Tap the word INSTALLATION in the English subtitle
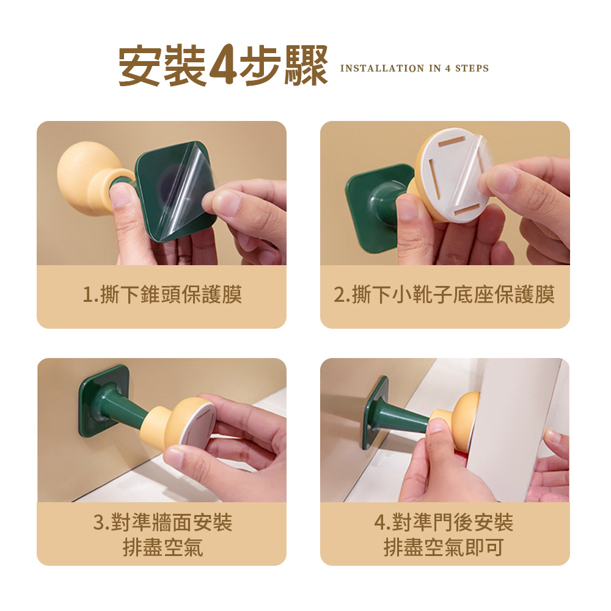[382, 68]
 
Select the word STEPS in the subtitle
[472, 68]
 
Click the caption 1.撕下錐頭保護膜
[162, 295]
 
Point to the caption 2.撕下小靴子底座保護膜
[444, 295]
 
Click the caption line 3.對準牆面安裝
[163, 522]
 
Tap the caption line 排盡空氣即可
[444, 547]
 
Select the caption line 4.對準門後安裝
[444, 522]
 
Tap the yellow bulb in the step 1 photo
[84, 177]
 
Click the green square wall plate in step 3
[104, 401]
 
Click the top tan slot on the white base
[452, 142]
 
